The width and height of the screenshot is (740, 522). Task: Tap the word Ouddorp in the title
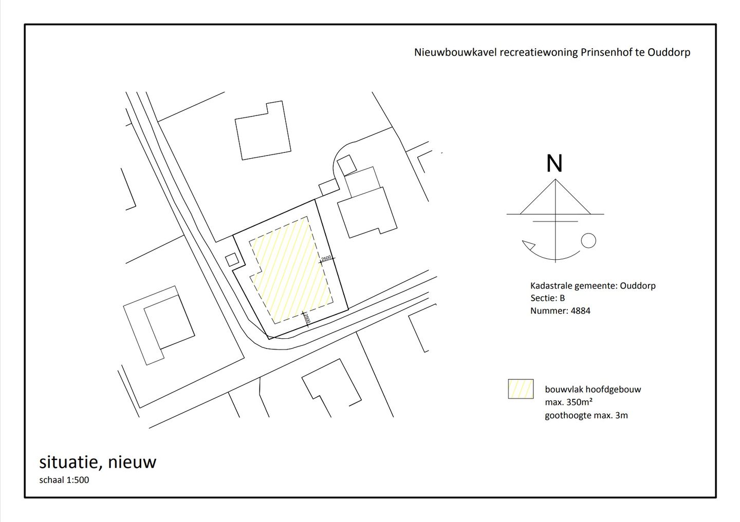(669, 52)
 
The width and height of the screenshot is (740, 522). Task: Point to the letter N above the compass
(554, 164)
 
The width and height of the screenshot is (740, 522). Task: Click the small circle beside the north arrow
(588, 240)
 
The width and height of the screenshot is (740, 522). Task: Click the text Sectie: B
(547, 298)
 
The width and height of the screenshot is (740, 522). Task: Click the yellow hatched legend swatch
(521, 389)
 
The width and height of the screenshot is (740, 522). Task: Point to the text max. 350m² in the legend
(569, 402)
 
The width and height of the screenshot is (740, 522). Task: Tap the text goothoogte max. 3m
(586, 415)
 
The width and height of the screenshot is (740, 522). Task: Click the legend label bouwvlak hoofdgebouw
(593, 390)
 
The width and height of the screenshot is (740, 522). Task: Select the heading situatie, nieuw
(98, 462)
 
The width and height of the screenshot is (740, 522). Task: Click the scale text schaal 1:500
(64, 480)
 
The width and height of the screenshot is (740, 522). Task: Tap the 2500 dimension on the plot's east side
(326, 258)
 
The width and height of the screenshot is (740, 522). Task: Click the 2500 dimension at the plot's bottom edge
(306, 319)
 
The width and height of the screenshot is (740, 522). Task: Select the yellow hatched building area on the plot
(290, 269)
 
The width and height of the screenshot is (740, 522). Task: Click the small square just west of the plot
(233, 259)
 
